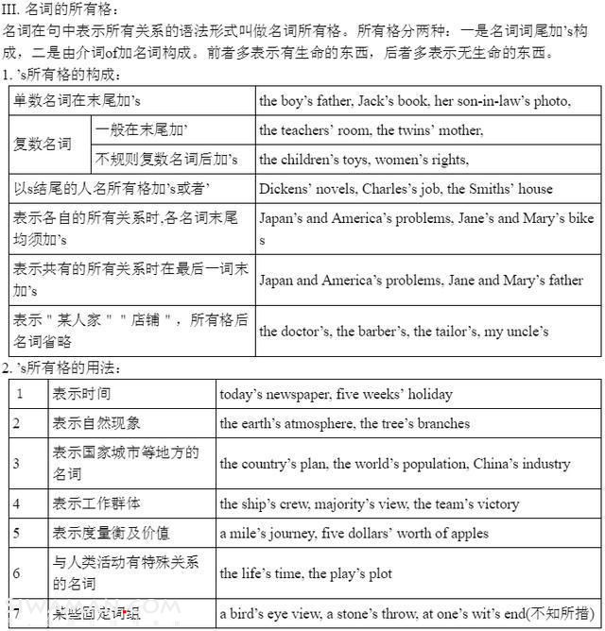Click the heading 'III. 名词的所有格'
(60, 9)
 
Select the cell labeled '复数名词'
(43, 145)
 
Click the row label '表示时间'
(81, 394)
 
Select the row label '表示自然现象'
(96, 423)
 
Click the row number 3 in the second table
(17, 463)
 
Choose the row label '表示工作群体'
(96, 503)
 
